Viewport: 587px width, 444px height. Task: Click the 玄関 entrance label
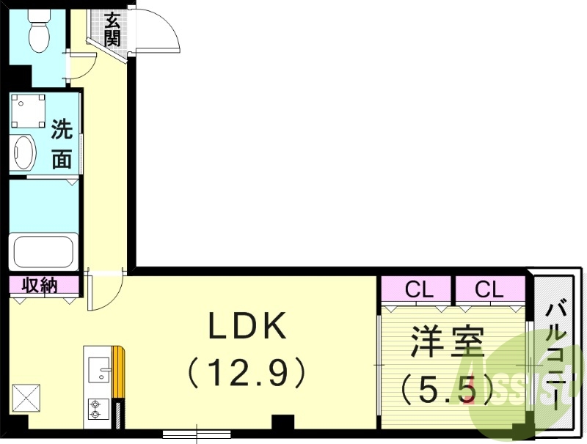112,29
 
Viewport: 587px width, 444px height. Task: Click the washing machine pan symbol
29,111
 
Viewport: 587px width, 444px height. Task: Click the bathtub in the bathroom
43,251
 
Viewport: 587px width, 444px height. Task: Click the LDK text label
247,328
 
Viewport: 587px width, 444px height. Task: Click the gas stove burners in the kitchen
95,408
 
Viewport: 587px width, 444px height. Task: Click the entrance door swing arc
158,29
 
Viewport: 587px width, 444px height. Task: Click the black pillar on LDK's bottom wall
282,423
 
